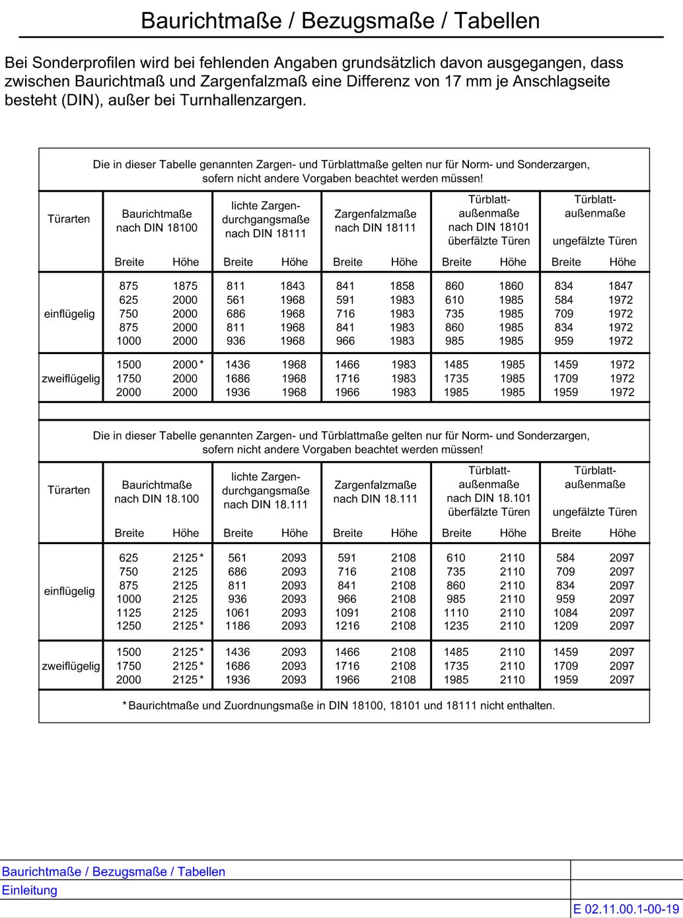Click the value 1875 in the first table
[x=185, y=286]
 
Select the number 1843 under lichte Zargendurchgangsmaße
[x=293, y=286]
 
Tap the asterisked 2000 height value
[x=186, y=365]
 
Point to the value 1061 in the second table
[x=237, y=613]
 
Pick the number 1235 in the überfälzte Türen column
[x=456, y=626]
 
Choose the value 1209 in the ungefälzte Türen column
[x=565, y=626]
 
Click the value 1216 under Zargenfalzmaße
[x=347, y=626]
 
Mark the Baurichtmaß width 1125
[x=129, y=613]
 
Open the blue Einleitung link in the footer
[x=30, y=890]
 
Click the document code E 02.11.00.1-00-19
[x=626, y=909]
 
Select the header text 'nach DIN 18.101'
[x=489, y=499]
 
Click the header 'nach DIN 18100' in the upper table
[x=157, y=228]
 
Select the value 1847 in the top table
[x=620, y=286]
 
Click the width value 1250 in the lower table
[x=129, y=626]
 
